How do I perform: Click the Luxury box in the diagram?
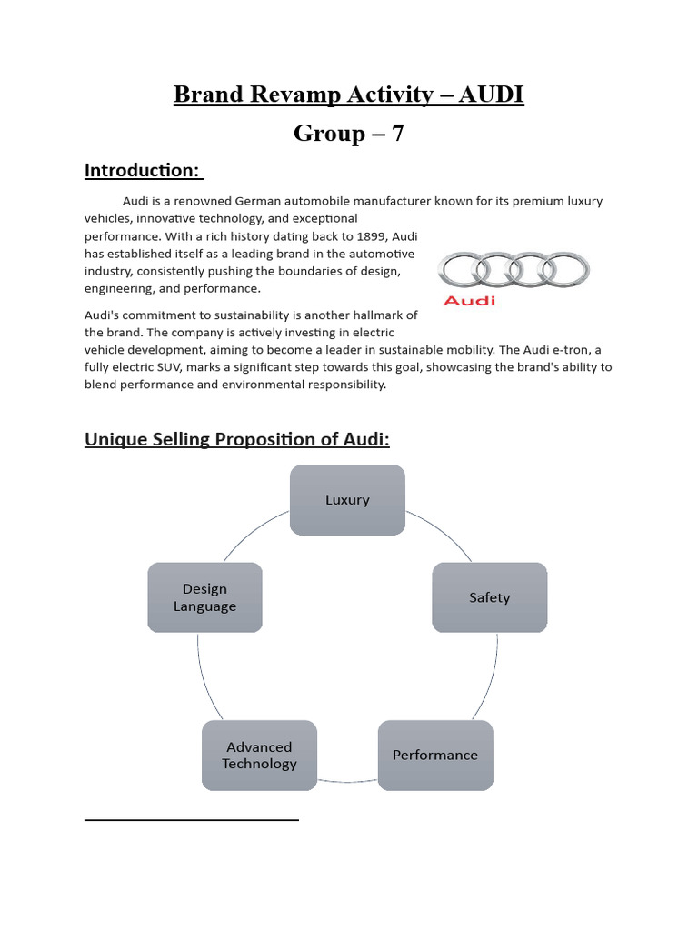tap(347, 500)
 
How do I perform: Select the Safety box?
tap(489, 597)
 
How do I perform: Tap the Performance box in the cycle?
tap(434, 755)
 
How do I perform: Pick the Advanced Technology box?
tap(259, 755)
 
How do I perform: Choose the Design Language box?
tap(204, 597)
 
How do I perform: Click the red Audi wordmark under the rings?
tap(468, 300)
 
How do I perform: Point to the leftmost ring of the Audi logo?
tap(464, 269)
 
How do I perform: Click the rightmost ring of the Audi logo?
tap(563, 269)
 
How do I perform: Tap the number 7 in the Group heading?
tap(397, 134)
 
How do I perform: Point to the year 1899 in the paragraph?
tap(369, 236)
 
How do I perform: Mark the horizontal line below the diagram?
tap(191, 820)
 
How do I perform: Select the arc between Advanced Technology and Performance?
tap(347, 782)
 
